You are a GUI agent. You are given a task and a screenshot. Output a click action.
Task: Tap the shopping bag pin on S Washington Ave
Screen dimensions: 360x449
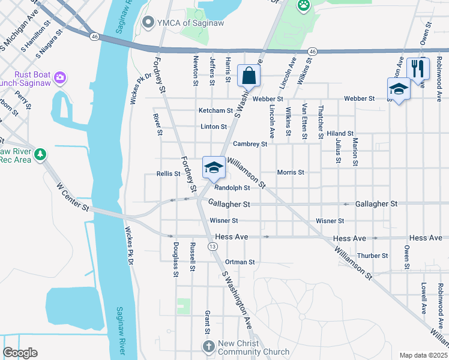(x=249, y=76)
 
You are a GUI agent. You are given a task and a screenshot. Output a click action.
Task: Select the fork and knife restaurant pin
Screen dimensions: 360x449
(x=418, y=68)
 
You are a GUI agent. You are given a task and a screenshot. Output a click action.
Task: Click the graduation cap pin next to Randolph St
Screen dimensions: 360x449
(x=214, y=167)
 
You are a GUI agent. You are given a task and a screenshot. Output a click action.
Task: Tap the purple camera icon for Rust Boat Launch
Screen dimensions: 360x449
(x=59, y=77)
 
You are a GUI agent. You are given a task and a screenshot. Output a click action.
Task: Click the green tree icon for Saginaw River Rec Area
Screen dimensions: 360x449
(x=40, y=155)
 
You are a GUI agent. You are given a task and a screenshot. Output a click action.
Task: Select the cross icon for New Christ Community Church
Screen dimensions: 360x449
(x=208, y=347)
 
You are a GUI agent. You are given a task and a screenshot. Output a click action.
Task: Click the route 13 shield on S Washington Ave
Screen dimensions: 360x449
(x=212, y=247)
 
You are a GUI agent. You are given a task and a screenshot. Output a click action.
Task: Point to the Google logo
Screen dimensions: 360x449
(x=20, y=353)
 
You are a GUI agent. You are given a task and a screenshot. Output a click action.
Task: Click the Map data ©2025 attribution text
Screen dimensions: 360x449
(x=423, y=355)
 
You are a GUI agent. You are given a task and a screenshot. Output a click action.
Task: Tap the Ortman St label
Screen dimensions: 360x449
(x=240, y=262)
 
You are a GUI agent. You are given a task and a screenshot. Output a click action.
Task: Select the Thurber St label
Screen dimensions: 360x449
(x=372, y=256)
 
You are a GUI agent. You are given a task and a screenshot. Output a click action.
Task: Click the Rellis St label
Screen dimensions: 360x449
(x=168, y=173)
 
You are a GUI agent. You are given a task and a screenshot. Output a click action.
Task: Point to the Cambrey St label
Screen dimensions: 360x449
(x=250, y=144)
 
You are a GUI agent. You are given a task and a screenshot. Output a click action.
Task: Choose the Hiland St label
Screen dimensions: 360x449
(x=340, y=133)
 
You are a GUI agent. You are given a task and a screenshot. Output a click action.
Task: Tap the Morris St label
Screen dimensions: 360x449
(x=291, y=172)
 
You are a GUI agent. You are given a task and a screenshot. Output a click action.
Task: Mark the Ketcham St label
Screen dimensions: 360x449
(x=215, y=110)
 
